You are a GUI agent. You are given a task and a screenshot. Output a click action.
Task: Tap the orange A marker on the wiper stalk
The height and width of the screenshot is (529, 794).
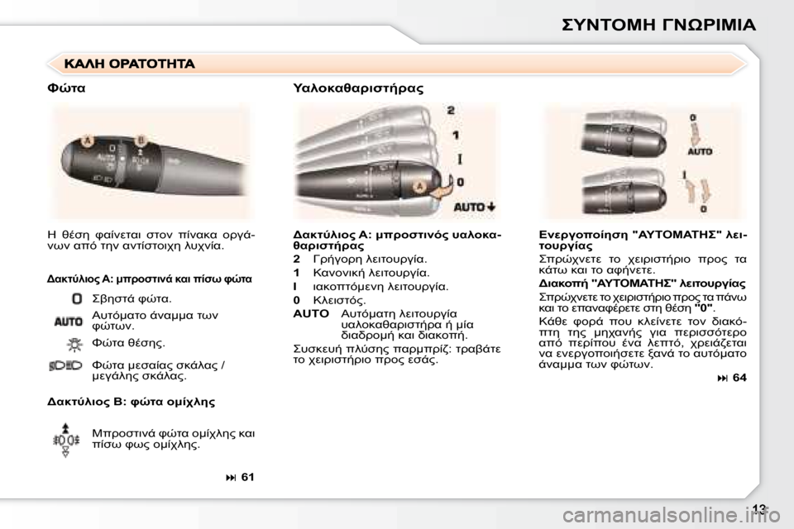coord(419,188)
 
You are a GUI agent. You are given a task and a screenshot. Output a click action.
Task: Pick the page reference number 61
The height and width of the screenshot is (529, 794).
coord(242,477)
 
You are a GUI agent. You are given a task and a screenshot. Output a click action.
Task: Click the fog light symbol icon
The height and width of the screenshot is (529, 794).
coord(68,438)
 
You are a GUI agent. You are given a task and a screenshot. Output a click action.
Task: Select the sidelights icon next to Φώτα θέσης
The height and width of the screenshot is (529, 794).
coord(75,342)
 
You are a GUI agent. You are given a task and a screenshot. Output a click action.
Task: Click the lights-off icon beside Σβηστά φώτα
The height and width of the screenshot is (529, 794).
coord(76,298)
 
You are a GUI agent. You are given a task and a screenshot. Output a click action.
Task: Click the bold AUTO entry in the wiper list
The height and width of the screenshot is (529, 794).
coord(310,313)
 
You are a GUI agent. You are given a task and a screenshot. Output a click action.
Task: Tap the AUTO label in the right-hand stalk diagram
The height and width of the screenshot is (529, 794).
coord(699,152)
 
